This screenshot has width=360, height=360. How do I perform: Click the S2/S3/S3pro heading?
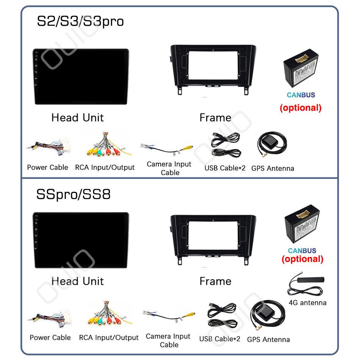point(80,21)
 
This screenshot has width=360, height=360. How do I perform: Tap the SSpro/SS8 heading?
point(74,194)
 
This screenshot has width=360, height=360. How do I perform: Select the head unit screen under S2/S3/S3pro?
point(80,76)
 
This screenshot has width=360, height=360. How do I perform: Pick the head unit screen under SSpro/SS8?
point(80,240)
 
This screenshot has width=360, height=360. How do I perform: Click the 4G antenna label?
point(307,302)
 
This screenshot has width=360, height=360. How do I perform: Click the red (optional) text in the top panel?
point(301,108)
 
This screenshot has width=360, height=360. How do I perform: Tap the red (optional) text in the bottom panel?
point(302,259)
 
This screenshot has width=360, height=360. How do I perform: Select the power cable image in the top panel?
point(47,149)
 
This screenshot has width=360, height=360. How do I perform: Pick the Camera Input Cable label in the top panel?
point(169,168)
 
